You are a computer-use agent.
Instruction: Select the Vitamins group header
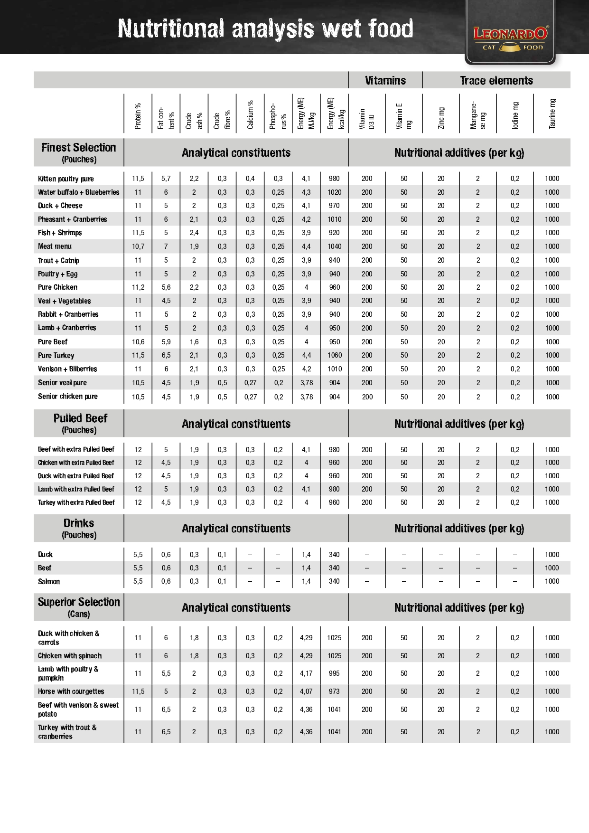click(385, 80)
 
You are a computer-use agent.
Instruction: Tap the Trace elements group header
click(496, 80)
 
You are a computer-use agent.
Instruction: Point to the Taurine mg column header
click(552, 114)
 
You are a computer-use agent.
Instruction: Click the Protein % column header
click(138, 116)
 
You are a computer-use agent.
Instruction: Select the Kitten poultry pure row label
click(66, 179)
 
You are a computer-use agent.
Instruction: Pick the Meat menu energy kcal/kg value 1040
click(334, 246)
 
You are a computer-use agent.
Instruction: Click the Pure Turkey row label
click(56, 355)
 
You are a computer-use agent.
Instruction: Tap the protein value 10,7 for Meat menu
click(138, 246)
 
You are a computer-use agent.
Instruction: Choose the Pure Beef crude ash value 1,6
click(194, 342)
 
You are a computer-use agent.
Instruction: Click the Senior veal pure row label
click(62, 383)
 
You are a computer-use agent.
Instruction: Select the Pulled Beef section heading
click(80, 418)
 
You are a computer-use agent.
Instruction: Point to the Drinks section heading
click(79, 523)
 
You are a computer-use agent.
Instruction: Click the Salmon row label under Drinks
click(49, 581)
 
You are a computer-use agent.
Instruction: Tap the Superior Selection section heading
click(79, 602)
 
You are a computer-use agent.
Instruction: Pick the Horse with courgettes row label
click(71, 691)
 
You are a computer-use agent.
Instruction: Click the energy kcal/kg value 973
click(334, 691)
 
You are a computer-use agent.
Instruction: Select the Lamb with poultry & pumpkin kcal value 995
click(334, 673)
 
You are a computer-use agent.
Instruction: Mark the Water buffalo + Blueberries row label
click(79, 192)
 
